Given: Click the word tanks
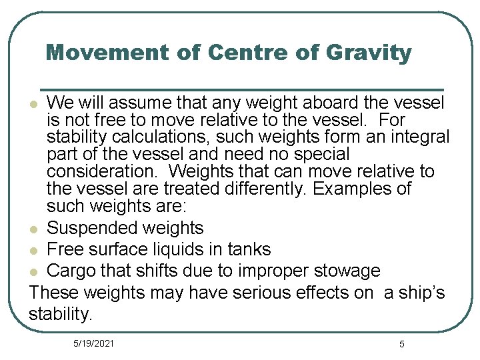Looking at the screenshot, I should click(x=248, y=249).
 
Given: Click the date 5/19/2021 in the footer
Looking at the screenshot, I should click(x=93, y=343).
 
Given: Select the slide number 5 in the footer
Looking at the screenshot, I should click(x=401, y=344).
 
